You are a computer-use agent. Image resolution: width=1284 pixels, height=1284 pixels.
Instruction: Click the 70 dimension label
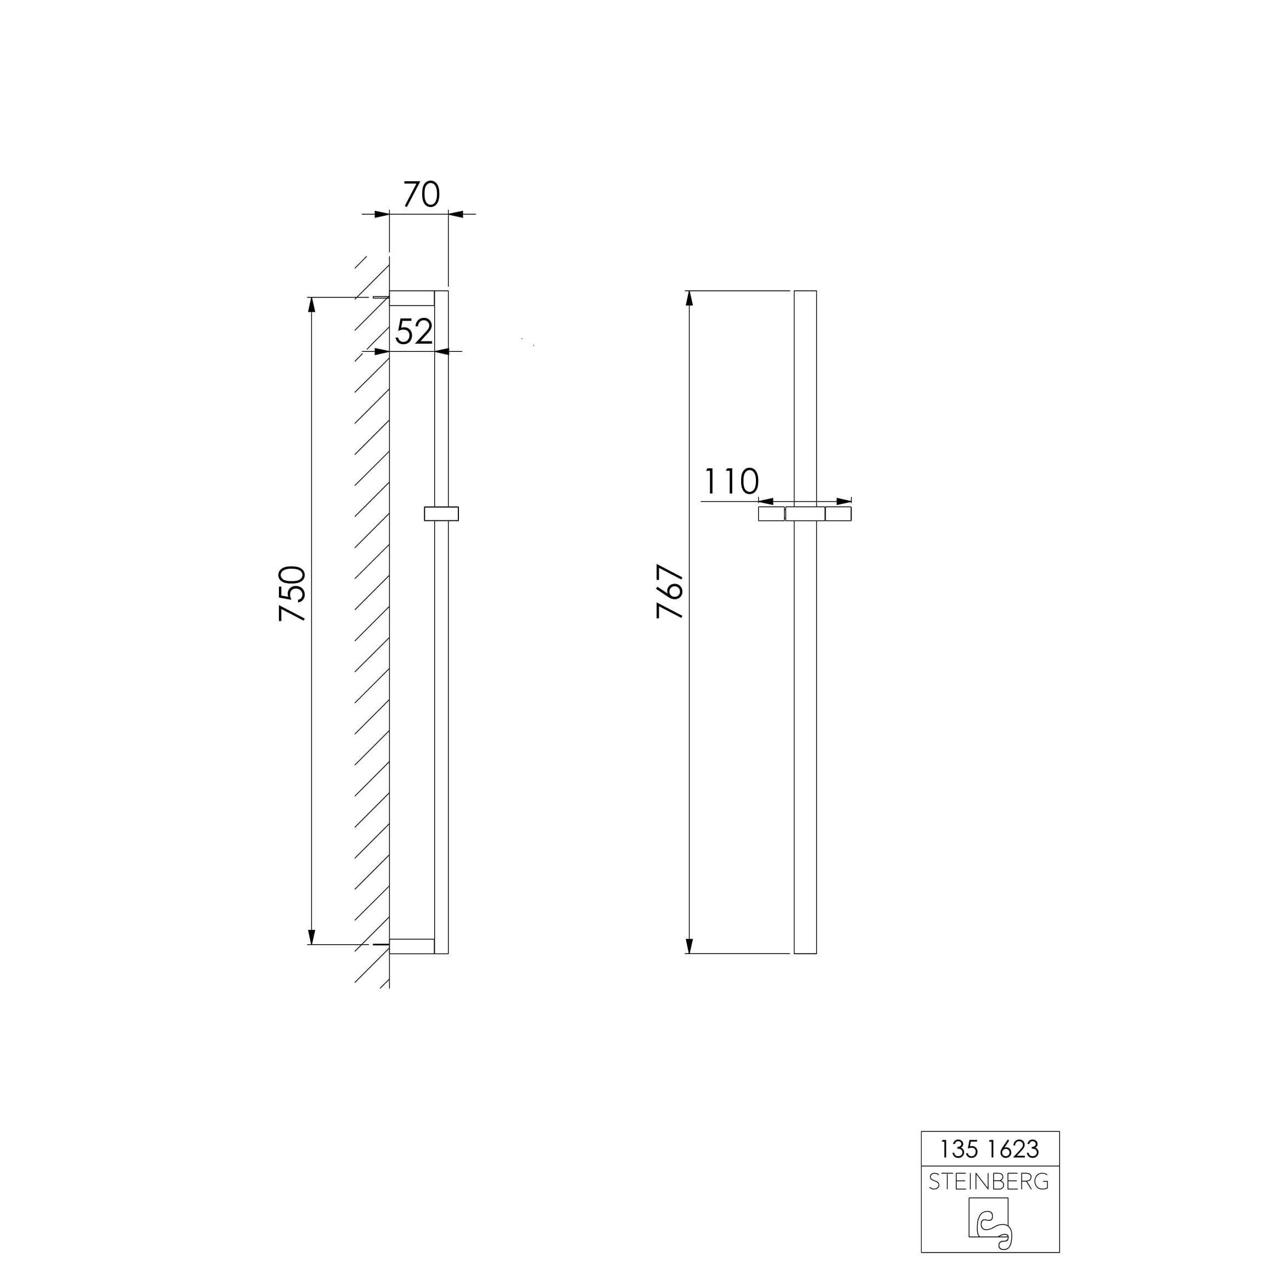click(x=422, y=194)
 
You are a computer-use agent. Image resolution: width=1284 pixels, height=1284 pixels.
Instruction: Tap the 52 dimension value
click(x=414, y=332)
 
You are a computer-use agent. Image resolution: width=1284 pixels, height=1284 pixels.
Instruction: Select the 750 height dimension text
click(x=293, y=593)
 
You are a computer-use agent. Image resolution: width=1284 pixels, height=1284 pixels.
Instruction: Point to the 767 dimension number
click(x=670, y=591)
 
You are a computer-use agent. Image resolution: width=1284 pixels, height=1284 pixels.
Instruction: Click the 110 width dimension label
click(x=731, y=482)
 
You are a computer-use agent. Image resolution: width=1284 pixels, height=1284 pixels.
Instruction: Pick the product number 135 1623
click(x=990, y=1149)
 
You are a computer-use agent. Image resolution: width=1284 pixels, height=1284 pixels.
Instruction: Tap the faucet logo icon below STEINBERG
click(x=990, y=1224)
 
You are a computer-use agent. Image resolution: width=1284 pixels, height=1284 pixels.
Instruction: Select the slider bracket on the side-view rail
click(x=441, y=514)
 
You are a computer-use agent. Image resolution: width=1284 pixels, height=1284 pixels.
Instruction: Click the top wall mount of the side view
click(x=412, y=298)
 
